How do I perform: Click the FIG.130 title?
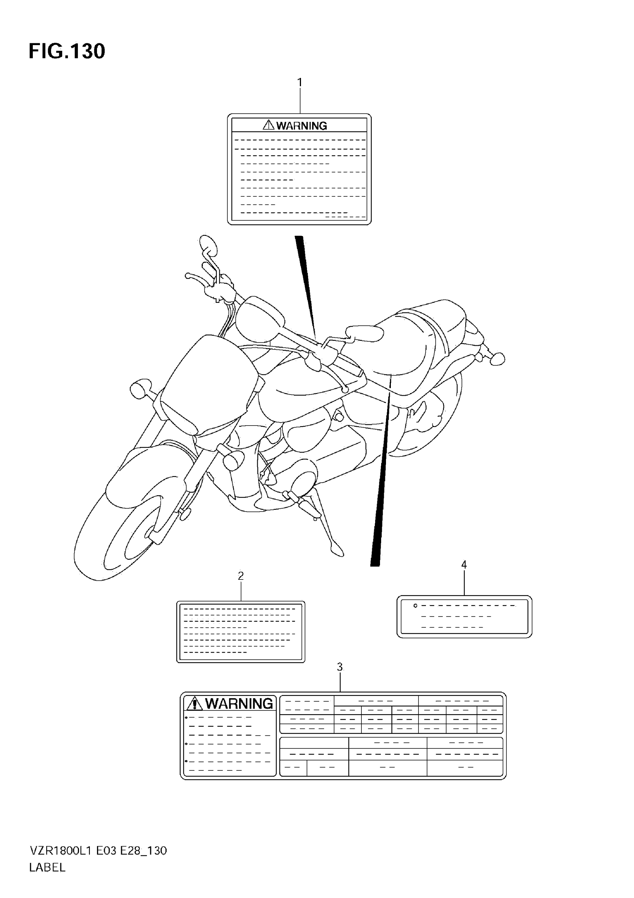[67, 51]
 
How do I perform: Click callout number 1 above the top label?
[299, 82]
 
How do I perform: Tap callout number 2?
[241, 576]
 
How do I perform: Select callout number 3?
[340, 667]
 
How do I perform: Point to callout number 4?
[464, 564]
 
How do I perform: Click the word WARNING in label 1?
[302, 126]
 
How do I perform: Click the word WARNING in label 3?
[239, 704]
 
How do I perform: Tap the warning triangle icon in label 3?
[194, 704]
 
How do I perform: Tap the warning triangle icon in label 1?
[269, 125]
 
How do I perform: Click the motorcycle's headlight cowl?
[207, 383]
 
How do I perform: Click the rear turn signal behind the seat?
[497, 358]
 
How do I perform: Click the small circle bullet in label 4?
[415, 606]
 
